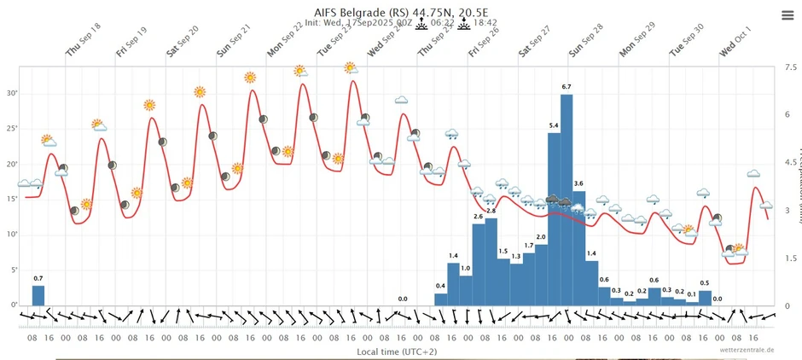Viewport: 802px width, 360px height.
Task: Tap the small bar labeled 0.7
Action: [x=38, y=294]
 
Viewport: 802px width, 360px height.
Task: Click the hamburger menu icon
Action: [x=787, y=15]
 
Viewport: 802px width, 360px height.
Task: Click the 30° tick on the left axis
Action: [x=12, y=94]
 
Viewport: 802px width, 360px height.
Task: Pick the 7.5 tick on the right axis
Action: [x=790, y=66]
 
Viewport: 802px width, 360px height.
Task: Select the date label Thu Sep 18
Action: [x=84, y=40]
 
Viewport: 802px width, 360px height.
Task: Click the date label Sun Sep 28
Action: [x=587, y=40]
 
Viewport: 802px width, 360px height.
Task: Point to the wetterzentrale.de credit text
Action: [x=746, y=350]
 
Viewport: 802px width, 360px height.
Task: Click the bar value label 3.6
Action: [x=578, y=184]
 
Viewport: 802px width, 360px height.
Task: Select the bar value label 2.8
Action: [x=491, y=211]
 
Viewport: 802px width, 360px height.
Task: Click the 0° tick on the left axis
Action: [x=13, y=305]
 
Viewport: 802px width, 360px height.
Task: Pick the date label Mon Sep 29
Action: [x=637, y=40]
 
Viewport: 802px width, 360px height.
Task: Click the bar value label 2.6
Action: [x=479, y=217]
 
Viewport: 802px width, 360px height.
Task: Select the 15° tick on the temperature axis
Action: [x=12, y=200]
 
